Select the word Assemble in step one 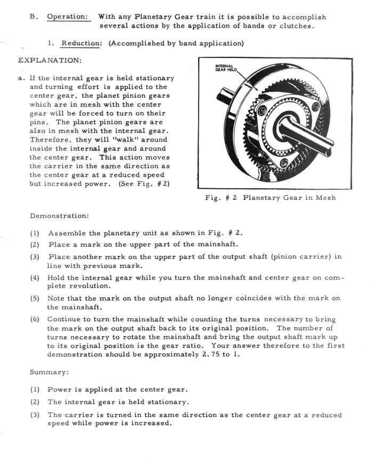67,236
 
